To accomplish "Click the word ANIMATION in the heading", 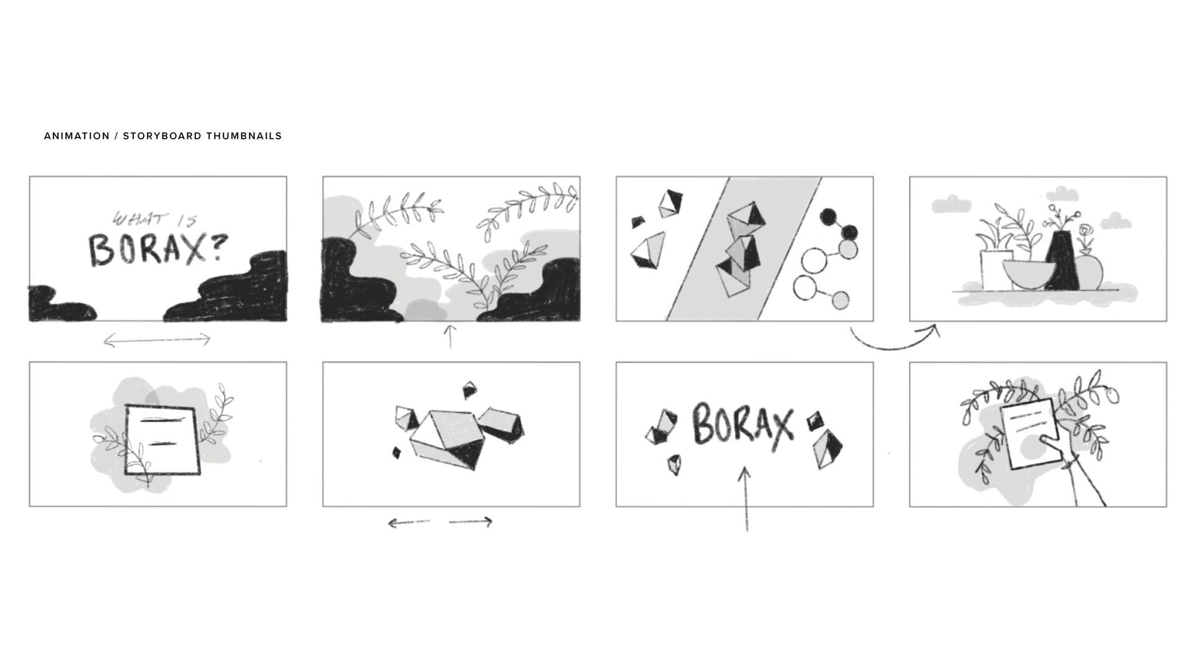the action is tap(77, 136).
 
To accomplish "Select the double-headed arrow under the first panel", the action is tap(157, 340).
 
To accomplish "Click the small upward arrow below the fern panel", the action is tap(450, 337).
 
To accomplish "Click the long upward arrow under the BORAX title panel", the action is tap(745, 500).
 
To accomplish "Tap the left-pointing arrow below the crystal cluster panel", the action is tap(408, 523).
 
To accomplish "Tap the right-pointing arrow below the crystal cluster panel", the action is tap(471, 522).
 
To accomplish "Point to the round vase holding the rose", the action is tap(1088, 272).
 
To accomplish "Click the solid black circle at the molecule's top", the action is tap(828, 217).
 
